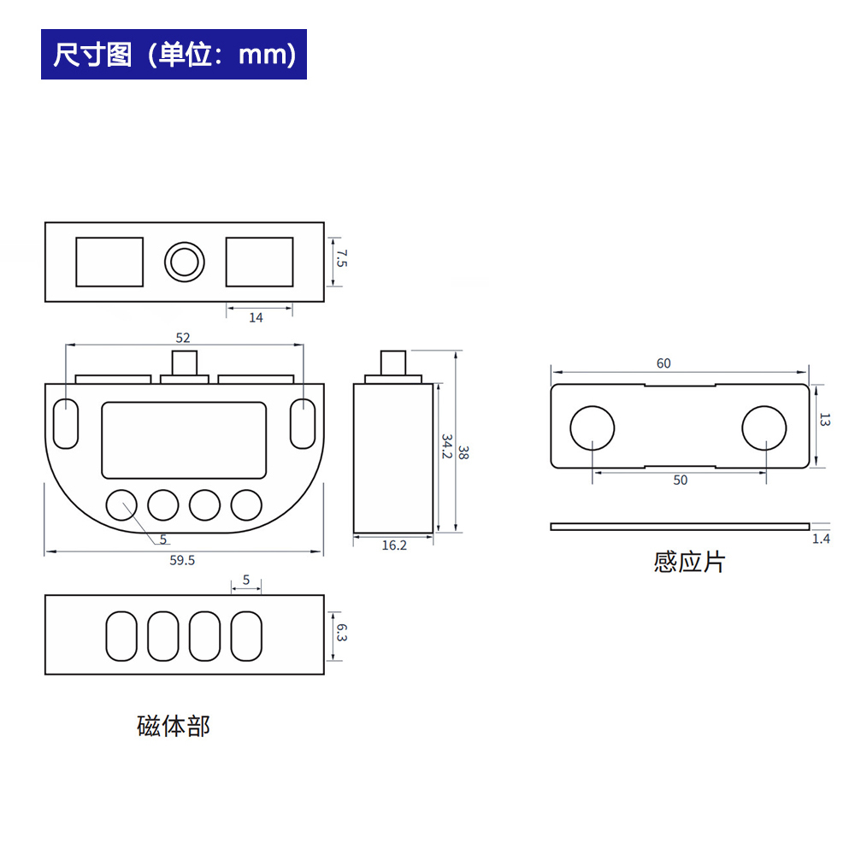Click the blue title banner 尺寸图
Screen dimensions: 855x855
pos(174,54)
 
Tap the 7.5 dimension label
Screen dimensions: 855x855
pos(342,259)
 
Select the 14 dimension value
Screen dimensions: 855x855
pos(256,318)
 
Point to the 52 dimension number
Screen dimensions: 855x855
pos(183,338)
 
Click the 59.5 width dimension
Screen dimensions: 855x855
pos(182,561)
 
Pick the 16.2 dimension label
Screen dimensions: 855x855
pos(394,545)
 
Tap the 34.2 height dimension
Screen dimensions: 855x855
pos(447,446)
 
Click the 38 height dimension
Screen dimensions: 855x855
pos(463,452)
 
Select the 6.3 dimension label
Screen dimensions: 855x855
pos(342,633)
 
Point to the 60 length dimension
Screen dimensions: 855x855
pos(663,363)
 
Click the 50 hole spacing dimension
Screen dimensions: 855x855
pos(680,481)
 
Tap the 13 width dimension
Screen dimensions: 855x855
pos(825,419)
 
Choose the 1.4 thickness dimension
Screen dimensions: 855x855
pos(821,540)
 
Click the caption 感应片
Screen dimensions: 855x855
pos(689,563)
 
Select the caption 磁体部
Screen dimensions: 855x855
pos(174,726)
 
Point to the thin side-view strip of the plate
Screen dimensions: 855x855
pos(680,527)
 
